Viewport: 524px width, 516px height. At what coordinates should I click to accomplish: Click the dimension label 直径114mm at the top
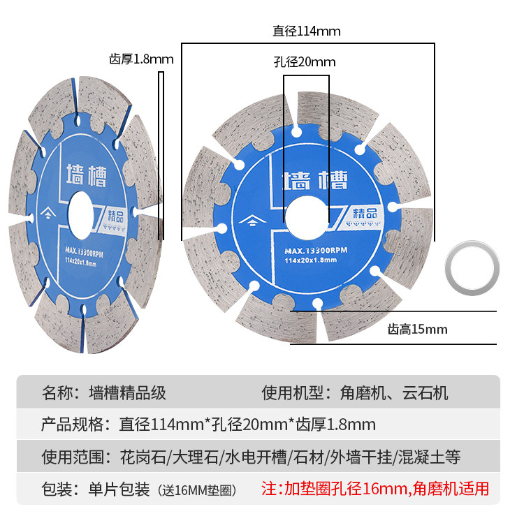click(307, 31)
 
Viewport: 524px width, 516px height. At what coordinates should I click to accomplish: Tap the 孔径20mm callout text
click(305, 62)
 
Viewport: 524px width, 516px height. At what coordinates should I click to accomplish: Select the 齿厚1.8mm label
click(141, 59)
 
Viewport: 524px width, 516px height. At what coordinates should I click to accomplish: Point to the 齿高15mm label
click(418, 329)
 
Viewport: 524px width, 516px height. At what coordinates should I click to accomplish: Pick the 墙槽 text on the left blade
click(86, 174)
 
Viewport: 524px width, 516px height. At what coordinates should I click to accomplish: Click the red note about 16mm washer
click(374, 488)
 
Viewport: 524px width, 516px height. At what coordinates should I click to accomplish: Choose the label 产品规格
click(71, 425)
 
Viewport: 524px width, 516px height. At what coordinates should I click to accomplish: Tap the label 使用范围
click(71, 457)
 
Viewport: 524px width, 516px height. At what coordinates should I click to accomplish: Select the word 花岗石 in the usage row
click(143, 457)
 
